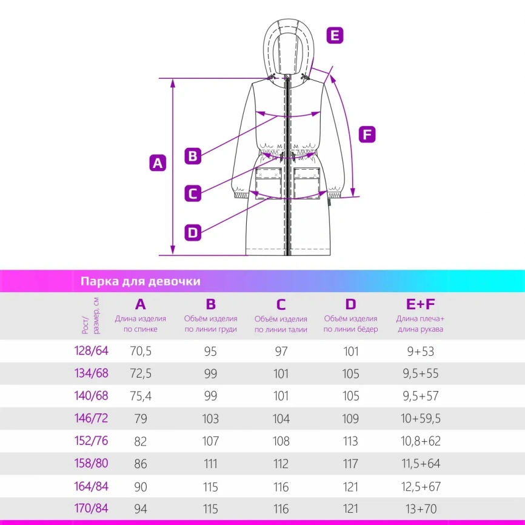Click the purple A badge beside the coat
pos(158,163)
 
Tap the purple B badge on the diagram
pos(193,156)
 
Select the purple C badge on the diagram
pos(193,193)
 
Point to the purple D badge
pos(193,232)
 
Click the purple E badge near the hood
pos(335,35)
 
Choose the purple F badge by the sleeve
pos(367,134)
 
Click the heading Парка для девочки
pos(141,281)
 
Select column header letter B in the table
pos(210,304)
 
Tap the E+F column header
pos(420,304)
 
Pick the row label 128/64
pos(91,350)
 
